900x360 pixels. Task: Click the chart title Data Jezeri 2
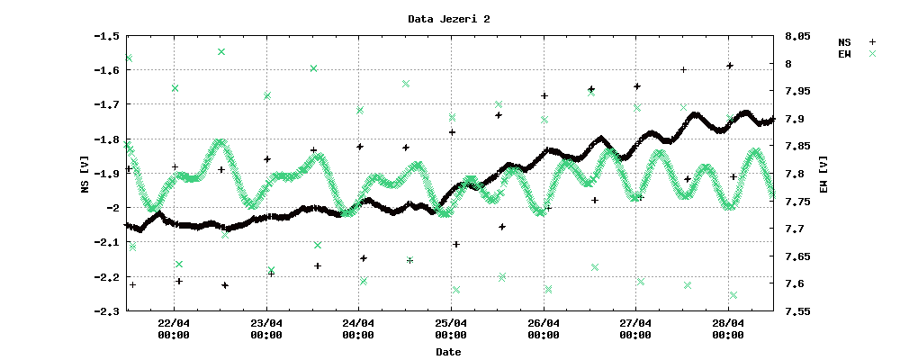(x=449, y=19)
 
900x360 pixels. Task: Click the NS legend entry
(x=844, y=42)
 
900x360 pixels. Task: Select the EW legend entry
(x=844, y=54)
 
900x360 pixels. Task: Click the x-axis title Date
(x=448, y=352)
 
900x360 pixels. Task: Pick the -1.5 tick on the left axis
(x=107, y=36)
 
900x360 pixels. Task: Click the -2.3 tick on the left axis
(x=107, y=311)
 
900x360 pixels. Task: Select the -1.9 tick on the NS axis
(x=107, y=174)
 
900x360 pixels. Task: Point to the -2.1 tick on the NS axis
(x=107, y=242)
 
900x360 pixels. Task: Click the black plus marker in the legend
(x=871, y=42)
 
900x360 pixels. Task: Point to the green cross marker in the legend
(x=871, y=54)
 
